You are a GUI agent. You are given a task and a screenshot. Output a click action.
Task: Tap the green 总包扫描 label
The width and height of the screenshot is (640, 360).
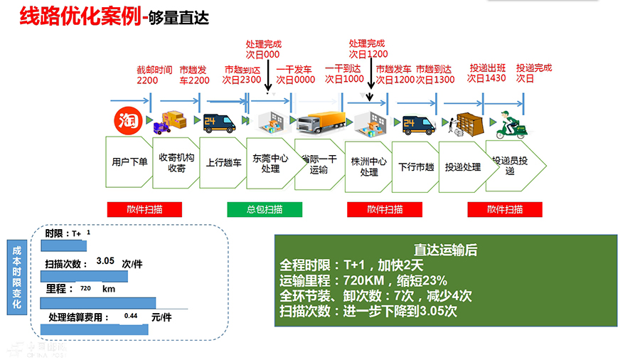click(265, 209)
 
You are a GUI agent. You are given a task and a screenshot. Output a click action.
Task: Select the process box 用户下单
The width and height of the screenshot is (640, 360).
click(129, 162)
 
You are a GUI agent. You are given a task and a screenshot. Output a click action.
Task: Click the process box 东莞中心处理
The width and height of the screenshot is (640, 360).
click(271, 164)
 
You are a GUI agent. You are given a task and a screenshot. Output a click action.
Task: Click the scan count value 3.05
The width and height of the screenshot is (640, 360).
click(105, 261)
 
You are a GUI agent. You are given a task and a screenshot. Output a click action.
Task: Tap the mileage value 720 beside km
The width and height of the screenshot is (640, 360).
click(85, 289)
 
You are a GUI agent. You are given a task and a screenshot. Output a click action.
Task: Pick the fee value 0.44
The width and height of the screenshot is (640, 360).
click(131, 316)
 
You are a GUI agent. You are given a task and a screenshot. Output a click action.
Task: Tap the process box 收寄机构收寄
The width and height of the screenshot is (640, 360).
click(176, 163)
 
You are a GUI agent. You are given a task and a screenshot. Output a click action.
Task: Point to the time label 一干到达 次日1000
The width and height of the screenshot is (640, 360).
click(344, 74)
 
